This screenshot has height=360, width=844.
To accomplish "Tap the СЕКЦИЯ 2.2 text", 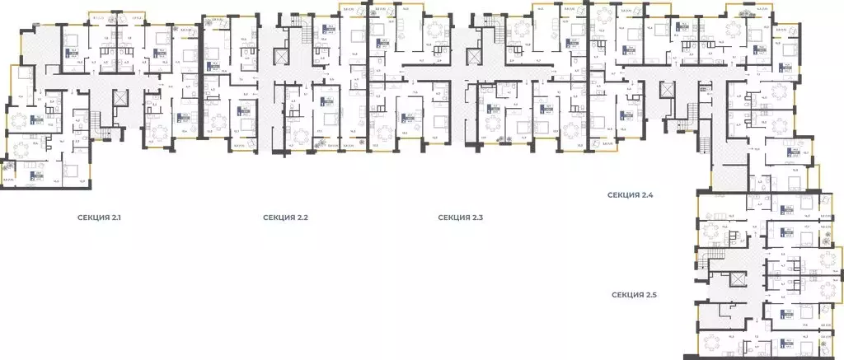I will click(285, 217).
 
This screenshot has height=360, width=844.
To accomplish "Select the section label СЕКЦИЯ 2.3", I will click(461, 217).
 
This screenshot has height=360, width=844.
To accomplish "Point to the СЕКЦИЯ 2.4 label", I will click(631, 195).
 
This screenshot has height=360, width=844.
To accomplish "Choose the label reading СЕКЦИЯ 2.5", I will click(635, 294).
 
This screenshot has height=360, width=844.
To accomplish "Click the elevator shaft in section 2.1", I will click(122, 97).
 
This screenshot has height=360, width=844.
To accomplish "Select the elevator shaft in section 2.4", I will click(666, 90).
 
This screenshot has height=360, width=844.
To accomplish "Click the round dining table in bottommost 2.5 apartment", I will click(710, 346).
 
